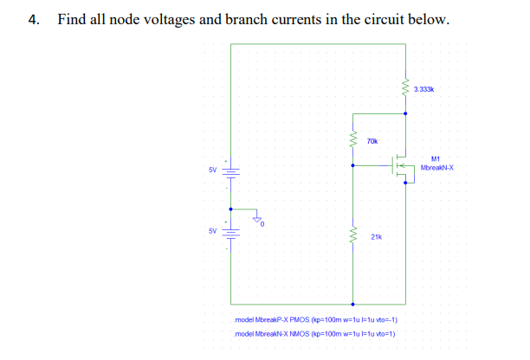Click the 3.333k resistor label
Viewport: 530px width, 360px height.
point(426,89)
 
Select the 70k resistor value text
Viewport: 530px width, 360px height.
point(372,140)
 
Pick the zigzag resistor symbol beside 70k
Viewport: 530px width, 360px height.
point(352,139)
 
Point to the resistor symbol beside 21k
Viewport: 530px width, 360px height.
point(352,235)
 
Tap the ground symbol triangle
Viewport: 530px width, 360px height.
point(257,220)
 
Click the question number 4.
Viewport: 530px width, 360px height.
point(33,20)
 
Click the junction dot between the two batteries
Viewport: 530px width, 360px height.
point(231,209)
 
